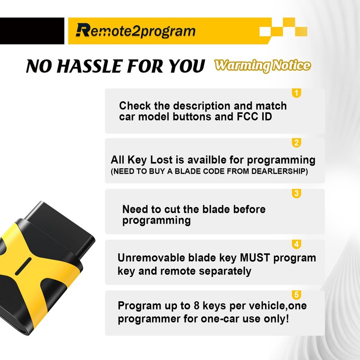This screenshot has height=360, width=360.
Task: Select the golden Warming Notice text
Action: (262, 65)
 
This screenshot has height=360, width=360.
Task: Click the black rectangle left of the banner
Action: (31, 31)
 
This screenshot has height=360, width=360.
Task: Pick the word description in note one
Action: (198, 106)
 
